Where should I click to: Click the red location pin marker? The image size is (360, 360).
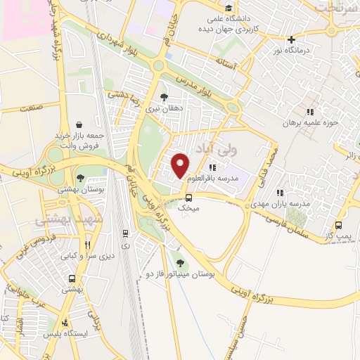[x=181, y=165]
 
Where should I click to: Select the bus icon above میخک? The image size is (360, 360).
[x=188, y=198]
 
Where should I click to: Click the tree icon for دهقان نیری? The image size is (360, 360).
[x=164, y=97]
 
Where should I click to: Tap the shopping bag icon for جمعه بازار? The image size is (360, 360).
[x=77, y=122]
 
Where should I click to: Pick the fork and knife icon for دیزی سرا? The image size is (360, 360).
[x=88, y=245]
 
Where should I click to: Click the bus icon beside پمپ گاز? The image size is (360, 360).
[x=338, y=226]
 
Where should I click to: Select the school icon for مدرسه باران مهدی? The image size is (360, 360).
[x=280, y=192]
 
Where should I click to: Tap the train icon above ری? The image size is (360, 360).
[x=125, y=233]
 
